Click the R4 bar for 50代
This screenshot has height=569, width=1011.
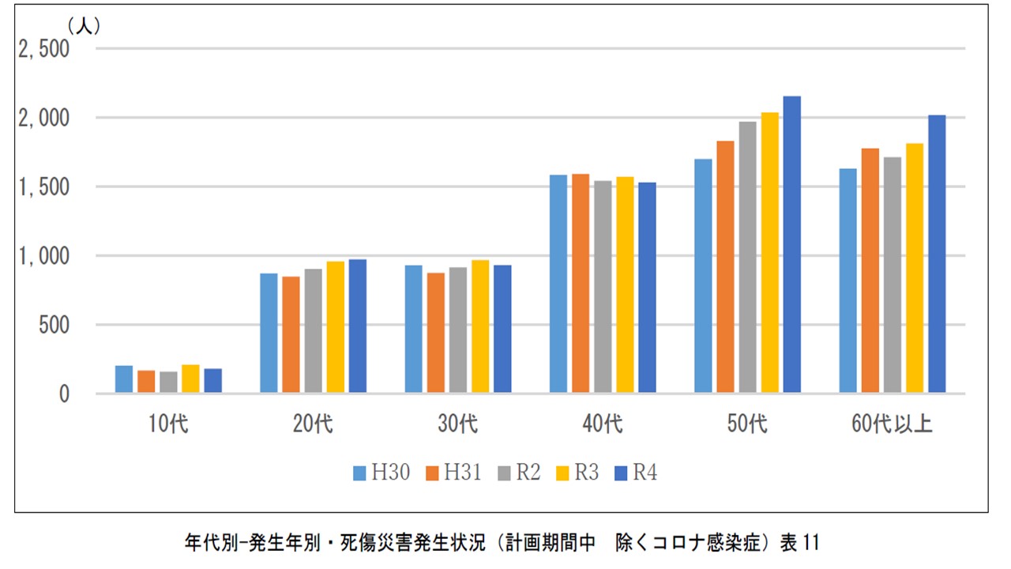click(x=792, y=244)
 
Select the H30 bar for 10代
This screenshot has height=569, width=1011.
click(x=124, y=379)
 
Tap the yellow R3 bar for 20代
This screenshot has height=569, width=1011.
click(x=336, y=327)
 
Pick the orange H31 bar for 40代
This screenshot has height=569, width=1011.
click(x=581, y=283)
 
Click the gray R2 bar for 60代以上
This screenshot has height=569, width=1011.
click(x=893, y=275)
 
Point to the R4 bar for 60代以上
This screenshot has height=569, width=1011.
click(x=937, y=254)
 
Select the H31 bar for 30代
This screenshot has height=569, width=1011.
click(x=435, y=333)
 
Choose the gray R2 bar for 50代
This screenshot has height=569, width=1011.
click(x=747, y=257)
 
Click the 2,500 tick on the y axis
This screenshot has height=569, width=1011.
click(x=43, y=49)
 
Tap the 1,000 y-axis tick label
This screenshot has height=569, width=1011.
click(x=43, y=256)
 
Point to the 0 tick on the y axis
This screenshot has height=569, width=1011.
click(x=64, y=394)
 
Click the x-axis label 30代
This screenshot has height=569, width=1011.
click(x=457, y=424)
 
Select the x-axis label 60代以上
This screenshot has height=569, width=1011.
click(x=892, y=424)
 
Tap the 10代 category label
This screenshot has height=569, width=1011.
click(x=168, y=424)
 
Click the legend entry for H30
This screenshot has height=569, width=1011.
click(x=381, y=473)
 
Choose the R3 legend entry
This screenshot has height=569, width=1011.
click(x=577, y=473)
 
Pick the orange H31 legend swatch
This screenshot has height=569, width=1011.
click(x=432, y=473)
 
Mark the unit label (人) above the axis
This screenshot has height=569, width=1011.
click(x=84, y=26)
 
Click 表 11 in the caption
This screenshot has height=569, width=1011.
click(x=800, y=542)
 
